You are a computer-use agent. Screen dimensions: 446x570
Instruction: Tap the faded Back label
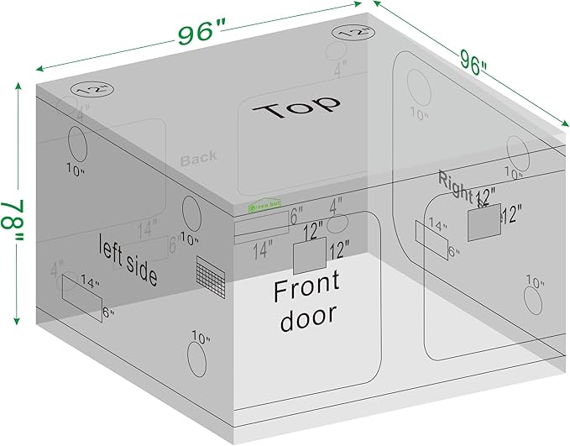click(x=198, y=157)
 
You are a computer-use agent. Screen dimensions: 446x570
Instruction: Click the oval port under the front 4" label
click(x=337, y=224)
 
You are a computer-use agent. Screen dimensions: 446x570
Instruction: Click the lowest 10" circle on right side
click(x=533, y=301)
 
